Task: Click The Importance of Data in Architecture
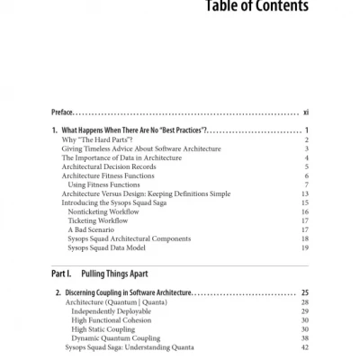pos(121,157)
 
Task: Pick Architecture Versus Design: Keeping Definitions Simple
pos(152,193)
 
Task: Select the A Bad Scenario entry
pos(94,229)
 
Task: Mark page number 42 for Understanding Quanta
pos(305,346)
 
